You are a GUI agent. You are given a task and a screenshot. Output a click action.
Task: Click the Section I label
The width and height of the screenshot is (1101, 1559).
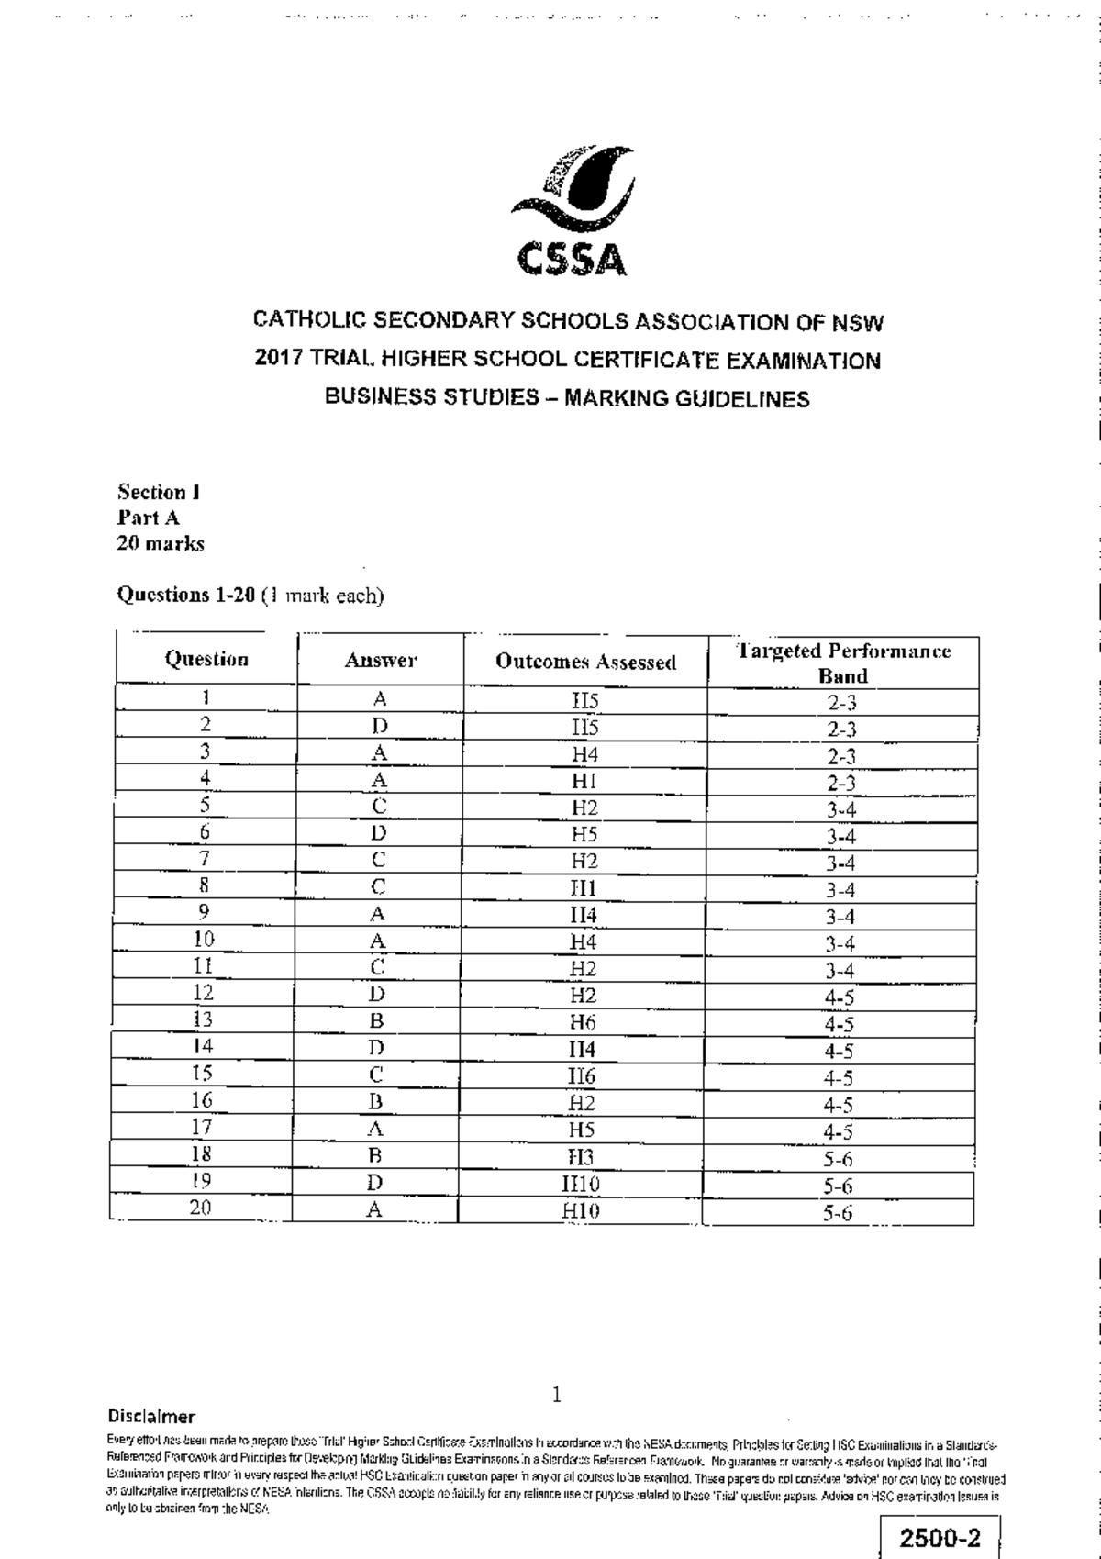pyautogui.click(x=158, y=492)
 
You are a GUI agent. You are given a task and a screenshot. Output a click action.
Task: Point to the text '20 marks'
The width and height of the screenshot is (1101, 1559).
pyautogui.click(x=160, y=543)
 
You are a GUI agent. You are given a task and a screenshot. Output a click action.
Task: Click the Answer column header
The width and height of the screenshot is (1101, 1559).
pyautogui.click(x=380, y=660)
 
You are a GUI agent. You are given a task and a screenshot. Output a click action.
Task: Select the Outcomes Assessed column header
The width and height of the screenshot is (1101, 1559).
pyautogui.click(x=585, y=662)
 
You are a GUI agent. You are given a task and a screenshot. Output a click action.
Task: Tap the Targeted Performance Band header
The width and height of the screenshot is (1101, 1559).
pyautogui.click(x=843, y=663)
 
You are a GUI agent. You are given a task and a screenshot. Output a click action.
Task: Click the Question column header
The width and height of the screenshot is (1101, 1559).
pyautogui.click(x=206, y=659)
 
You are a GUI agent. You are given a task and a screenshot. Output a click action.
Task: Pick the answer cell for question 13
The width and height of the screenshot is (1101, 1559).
pyautogui.click(x=376, y=1020)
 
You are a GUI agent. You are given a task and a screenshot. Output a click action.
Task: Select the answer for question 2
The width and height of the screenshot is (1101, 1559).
pyautogui.click(x=379, y=726)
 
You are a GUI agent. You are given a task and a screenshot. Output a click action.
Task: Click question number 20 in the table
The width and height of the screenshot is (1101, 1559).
pyautogui.click(x=201, y=1208)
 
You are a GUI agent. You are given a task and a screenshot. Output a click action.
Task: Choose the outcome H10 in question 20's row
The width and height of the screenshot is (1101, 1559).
pyautogui.click(x=581, y=1211)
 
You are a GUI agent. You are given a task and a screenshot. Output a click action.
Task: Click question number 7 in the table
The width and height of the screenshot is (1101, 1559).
pyautogui.click(x=205, y=859)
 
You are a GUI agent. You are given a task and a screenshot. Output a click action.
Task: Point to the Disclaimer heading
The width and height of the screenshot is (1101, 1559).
pyautogui.click(x=151, y=1416)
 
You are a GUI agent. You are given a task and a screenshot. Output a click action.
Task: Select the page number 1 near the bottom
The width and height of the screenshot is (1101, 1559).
pyautogui.click(x=556, y=1396)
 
